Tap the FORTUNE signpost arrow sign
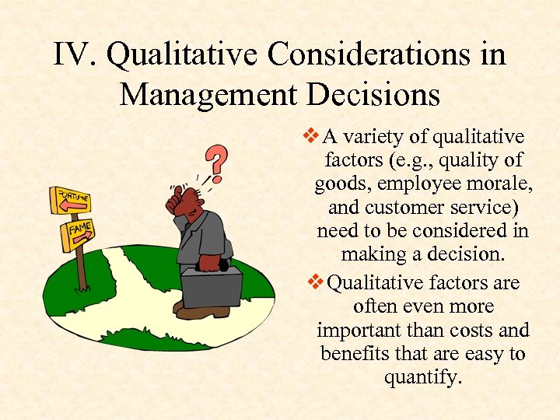tap(70, 199)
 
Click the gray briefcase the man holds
tap(212, 285)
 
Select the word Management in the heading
tap(208, 95)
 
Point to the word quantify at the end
tap(423, 378)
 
